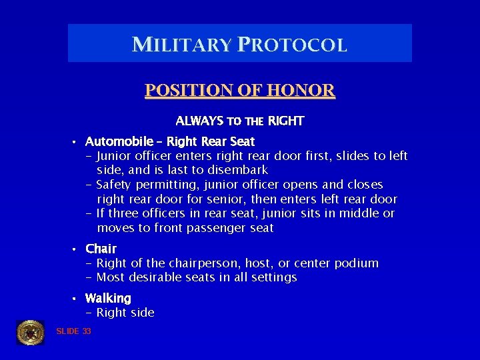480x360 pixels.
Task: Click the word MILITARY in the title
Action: tap(181, 45)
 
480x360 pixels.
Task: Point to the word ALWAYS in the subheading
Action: tap(199, 121)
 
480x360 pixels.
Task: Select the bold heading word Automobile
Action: tap(123, 141)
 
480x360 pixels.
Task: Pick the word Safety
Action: tap(116, 185)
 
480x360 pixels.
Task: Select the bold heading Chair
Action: tap(101, 249)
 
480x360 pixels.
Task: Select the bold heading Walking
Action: tap(108, 298)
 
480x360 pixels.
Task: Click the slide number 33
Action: tap(87, 331)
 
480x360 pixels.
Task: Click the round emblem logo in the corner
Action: tap(30, 332)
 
